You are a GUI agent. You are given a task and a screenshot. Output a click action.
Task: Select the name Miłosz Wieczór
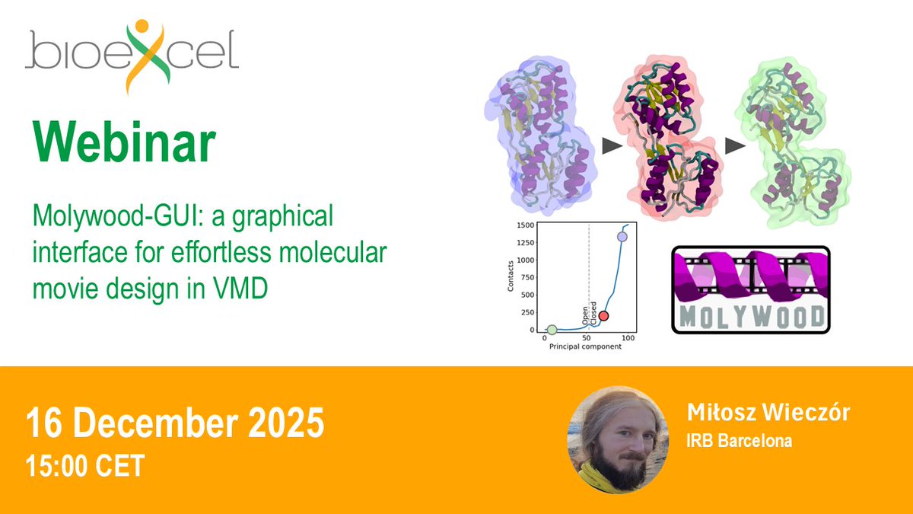point(768,413)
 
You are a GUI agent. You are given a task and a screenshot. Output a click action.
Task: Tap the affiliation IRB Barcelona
point(739,441)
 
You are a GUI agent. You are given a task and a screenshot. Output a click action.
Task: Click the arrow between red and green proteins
point(735,146)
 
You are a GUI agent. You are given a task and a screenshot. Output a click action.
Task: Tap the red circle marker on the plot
point(603,316)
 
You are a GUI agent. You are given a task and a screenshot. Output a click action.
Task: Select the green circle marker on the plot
point(552,330)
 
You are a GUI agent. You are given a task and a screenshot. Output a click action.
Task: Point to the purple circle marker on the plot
point(622,237)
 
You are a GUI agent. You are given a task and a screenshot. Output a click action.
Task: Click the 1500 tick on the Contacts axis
point(523,225)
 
